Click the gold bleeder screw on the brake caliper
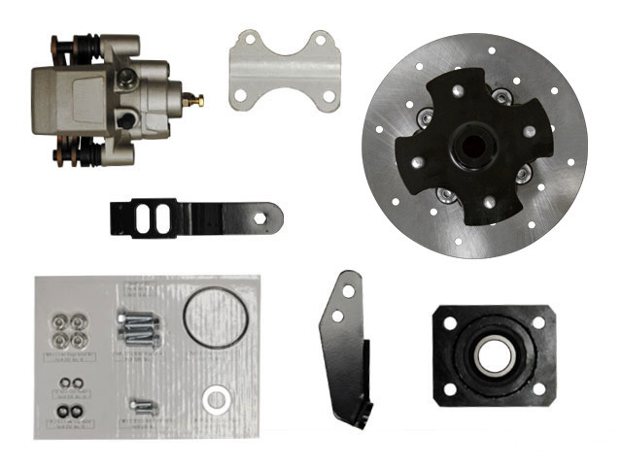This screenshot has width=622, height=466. click(198, 99)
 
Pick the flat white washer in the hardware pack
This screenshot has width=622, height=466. click(216, 399)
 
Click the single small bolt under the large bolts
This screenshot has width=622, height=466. click(142, 405)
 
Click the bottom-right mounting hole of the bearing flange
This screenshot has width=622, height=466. click(538, 389)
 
